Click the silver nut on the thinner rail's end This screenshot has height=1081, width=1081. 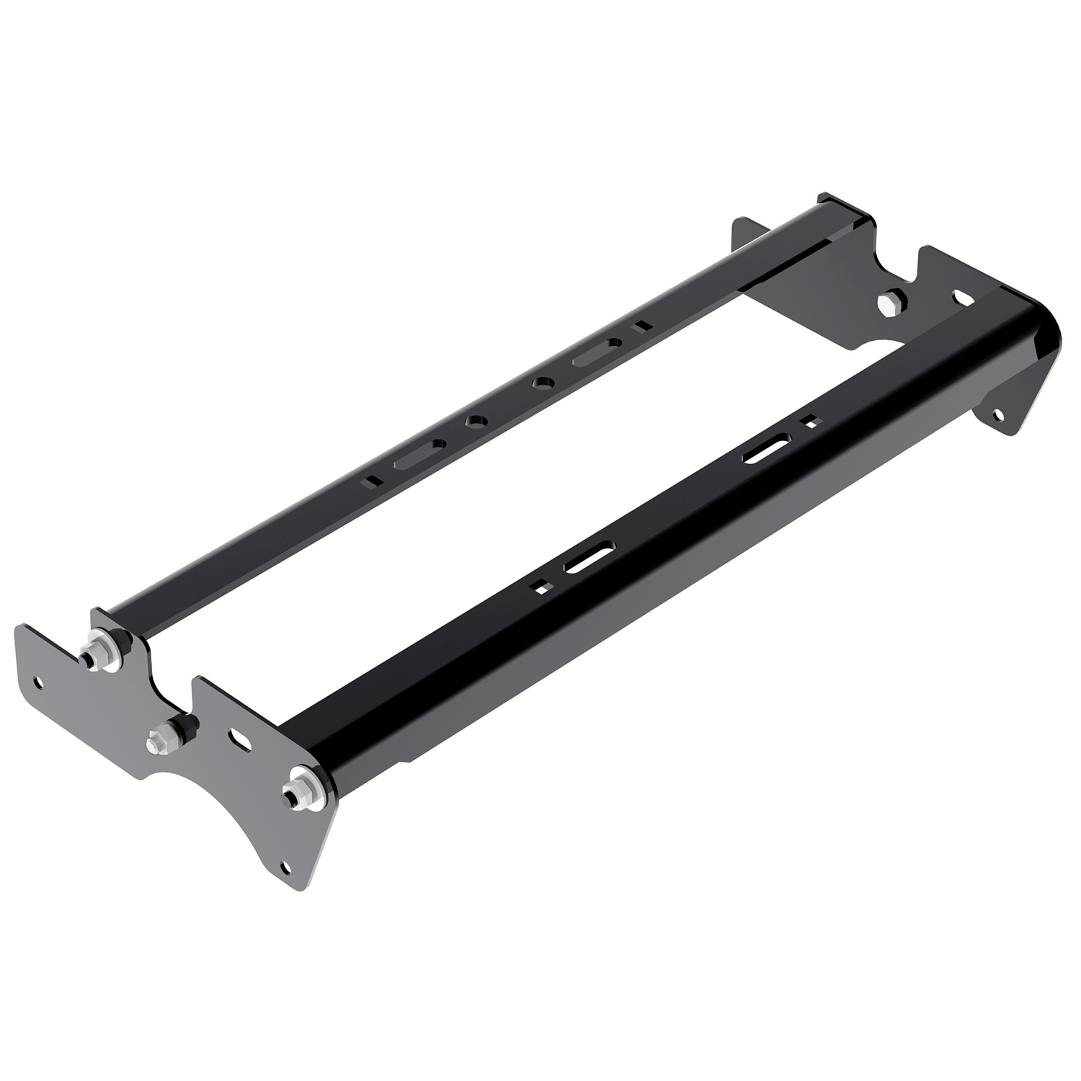[x=96, y=651]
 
